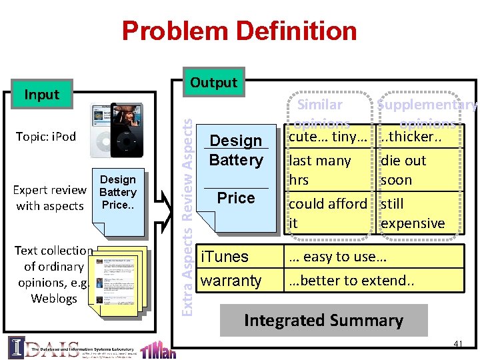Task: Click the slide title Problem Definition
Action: pos(239,31)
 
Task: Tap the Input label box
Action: pos(42,95)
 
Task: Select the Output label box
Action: pos(213,83)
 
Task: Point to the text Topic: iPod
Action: pos(45,137)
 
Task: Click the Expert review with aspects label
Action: pos(50,198)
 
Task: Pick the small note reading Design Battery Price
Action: pos(118,192)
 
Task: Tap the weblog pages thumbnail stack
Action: pos(120,280)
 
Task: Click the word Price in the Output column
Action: pos(236,198)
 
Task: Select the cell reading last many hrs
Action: pos(320,170)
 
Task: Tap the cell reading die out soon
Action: pos(403,170)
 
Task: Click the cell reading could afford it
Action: pos(327,213)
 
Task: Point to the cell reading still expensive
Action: pos(412,213)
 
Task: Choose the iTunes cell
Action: pos(225,257)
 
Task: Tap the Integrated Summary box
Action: pos(323,320)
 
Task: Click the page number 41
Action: pos(457,344)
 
